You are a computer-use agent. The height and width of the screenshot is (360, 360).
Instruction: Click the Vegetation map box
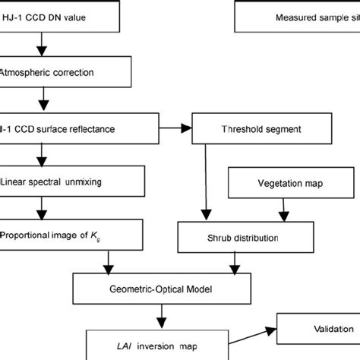283,184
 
